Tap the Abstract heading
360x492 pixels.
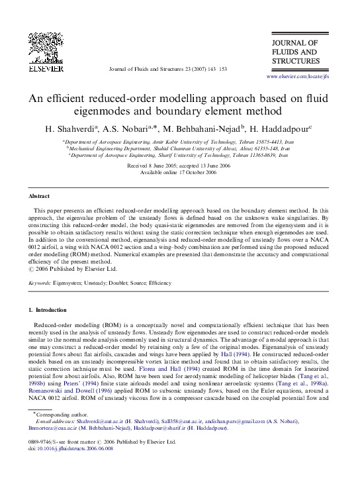pos(39,197)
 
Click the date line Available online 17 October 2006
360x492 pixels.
pos(179,172)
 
